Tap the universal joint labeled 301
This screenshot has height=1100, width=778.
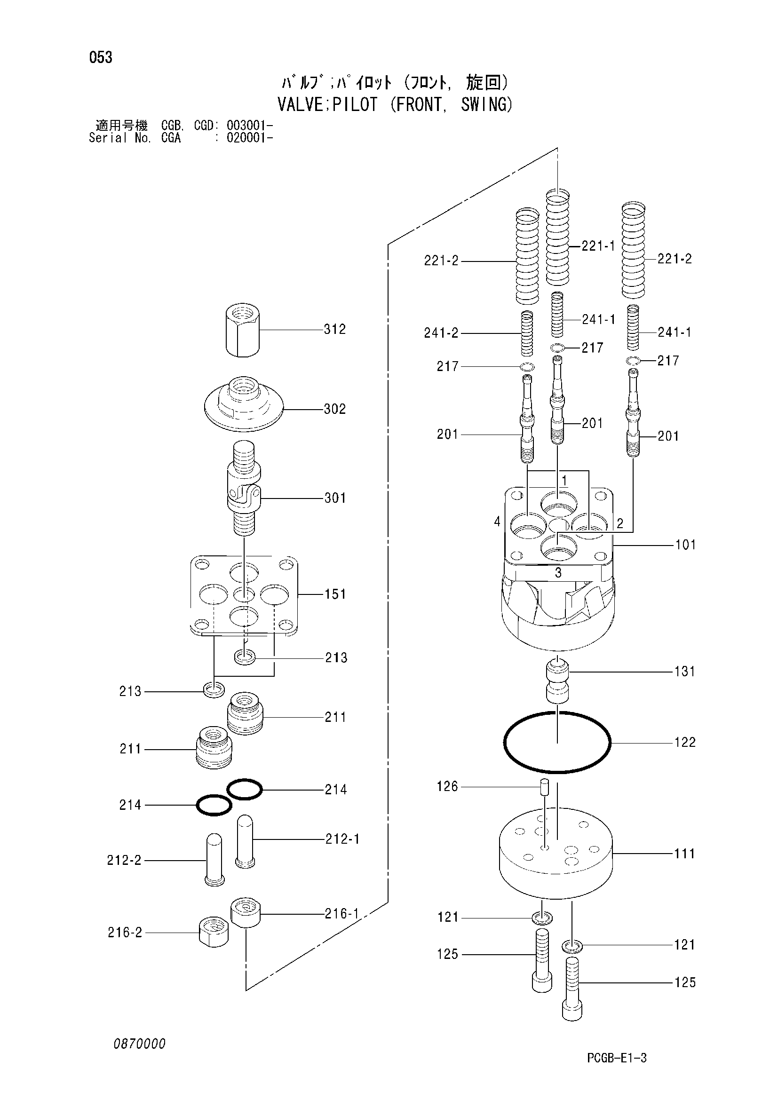pyautogui.click(x=244, y=488)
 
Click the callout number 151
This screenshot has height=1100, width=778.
pyautogui.click(x=335, y=594)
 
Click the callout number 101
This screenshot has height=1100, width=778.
pyautogui.click(x=685, y=545)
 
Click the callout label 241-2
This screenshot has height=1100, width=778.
pyautogui.click(x=441, y=333)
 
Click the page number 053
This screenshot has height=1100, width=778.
pyautogui.click(x=101, y=57)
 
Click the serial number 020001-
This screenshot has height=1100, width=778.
pyautogui.click(x=250, y=138)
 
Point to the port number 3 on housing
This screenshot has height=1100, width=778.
pyautogui.click(x=558, y=572)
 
